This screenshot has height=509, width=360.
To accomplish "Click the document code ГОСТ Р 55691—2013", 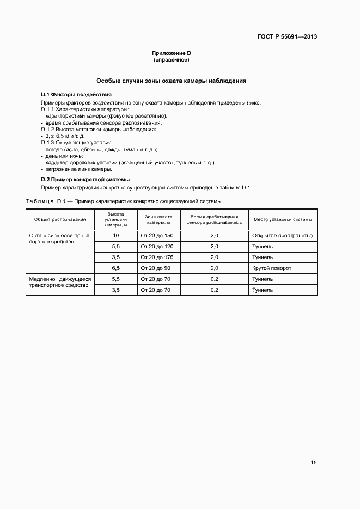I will point(287,37).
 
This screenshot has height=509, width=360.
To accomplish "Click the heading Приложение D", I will point(172,53).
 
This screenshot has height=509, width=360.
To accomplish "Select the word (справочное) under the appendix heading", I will point(172,59).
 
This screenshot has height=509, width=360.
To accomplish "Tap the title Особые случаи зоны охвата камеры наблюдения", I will point(172,81).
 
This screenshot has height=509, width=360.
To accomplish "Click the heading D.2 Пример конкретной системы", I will point(86,179).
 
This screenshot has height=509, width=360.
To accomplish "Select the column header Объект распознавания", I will point(60,220).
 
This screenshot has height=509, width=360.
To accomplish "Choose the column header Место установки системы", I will point(283,220).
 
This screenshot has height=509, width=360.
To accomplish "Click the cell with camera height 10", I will point(115,235).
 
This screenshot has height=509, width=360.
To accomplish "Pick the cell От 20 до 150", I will point(157,235).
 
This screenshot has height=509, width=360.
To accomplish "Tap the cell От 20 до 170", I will point(157,257).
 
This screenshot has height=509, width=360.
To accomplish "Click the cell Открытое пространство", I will point(282,235).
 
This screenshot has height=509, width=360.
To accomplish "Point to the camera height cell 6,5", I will point(115,268).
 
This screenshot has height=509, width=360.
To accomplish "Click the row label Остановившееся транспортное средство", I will point(60,238).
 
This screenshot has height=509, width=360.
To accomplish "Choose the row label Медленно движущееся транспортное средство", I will point(60,282).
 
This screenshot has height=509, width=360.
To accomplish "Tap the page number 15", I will point(314,463).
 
